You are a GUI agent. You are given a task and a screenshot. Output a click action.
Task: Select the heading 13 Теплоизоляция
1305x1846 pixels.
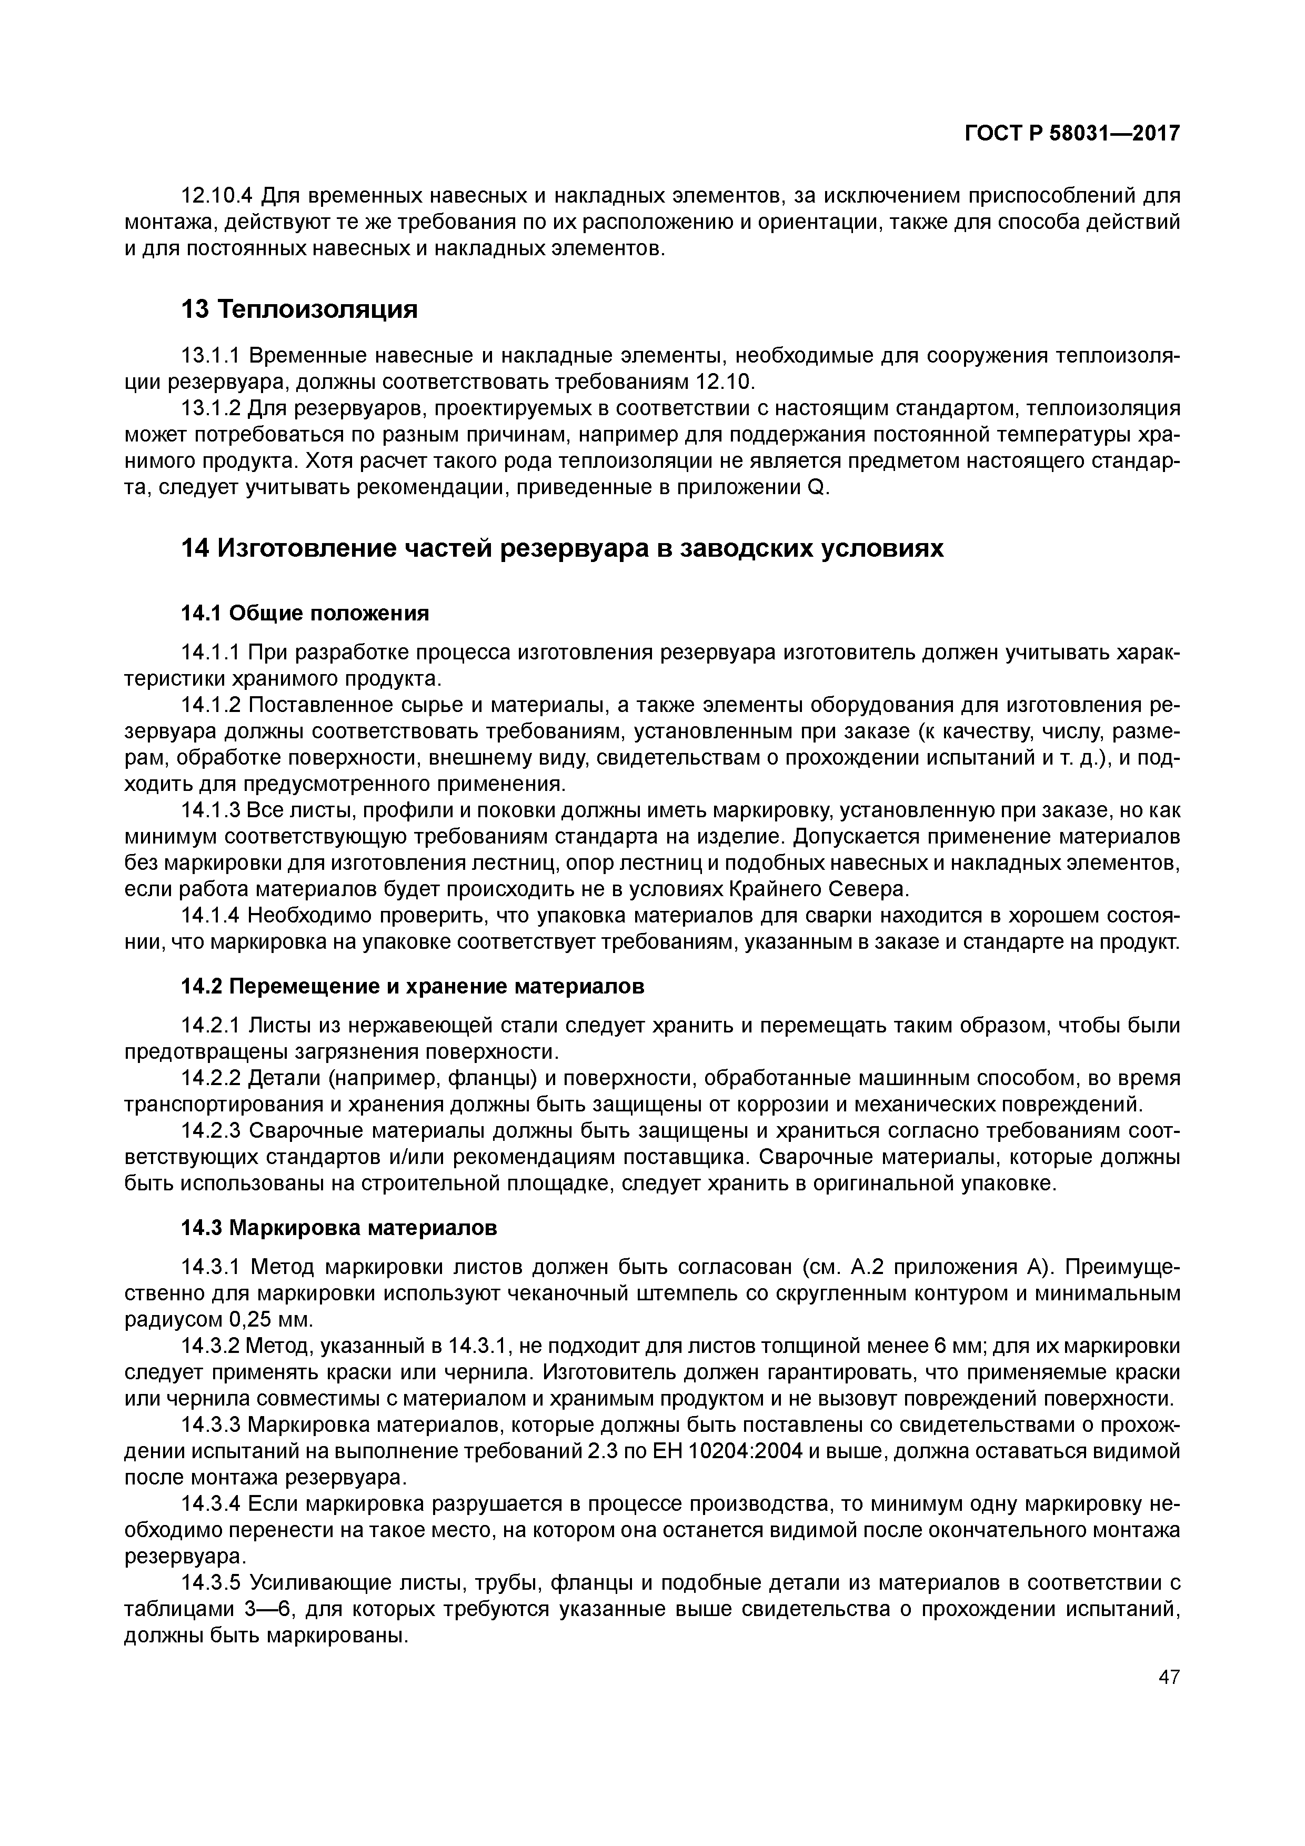(x=299, y=309)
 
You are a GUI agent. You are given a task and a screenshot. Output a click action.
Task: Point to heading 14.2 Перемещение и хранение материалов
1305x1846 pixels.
(x=413, y=987)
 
